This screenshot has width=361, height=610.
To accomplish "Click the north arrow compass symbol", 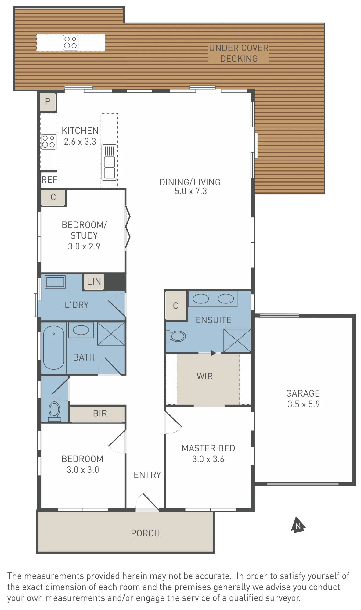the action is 298,525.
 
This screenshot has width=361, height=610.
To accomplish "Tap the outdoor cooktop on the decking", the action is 70,42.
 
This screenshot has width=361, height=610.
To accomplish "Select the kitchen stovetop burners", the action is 49,142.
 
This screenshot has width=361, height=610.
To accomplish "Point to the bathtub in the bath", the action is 54,347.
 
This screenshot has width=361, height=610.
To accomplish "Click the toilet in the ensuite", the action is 176,336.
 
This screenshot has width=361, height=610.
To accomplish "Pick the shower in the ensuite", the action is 237,340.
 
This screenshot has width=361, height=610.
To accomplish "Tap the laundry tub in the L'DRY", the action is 55,282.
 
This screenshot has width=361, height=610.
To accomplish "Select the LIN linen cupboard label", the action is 94,282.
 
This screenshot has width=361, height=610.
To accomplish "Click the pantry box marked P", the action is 48,102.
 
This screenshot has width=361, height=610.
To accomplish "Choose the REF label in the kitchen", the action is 49,180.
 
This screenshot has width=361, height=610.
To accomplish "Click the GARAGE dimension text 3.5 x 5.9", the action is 304,404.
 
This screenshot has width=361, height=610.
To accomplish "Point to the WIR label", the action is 205,376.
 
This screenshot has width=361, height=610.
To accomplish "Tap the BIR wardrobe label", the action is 100,413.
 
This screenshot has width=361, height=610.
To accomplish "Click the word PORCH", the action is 146,533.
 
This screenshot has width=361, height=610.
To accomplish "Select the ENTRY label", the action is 147,475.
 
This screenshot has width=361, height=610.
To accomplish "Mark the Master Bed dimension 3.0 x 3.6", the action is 208,459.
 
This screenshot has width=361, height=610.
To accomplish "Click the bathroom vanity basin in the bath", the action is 81,330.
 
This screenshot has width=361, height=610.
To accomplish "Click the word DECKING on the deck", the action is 239,59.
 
